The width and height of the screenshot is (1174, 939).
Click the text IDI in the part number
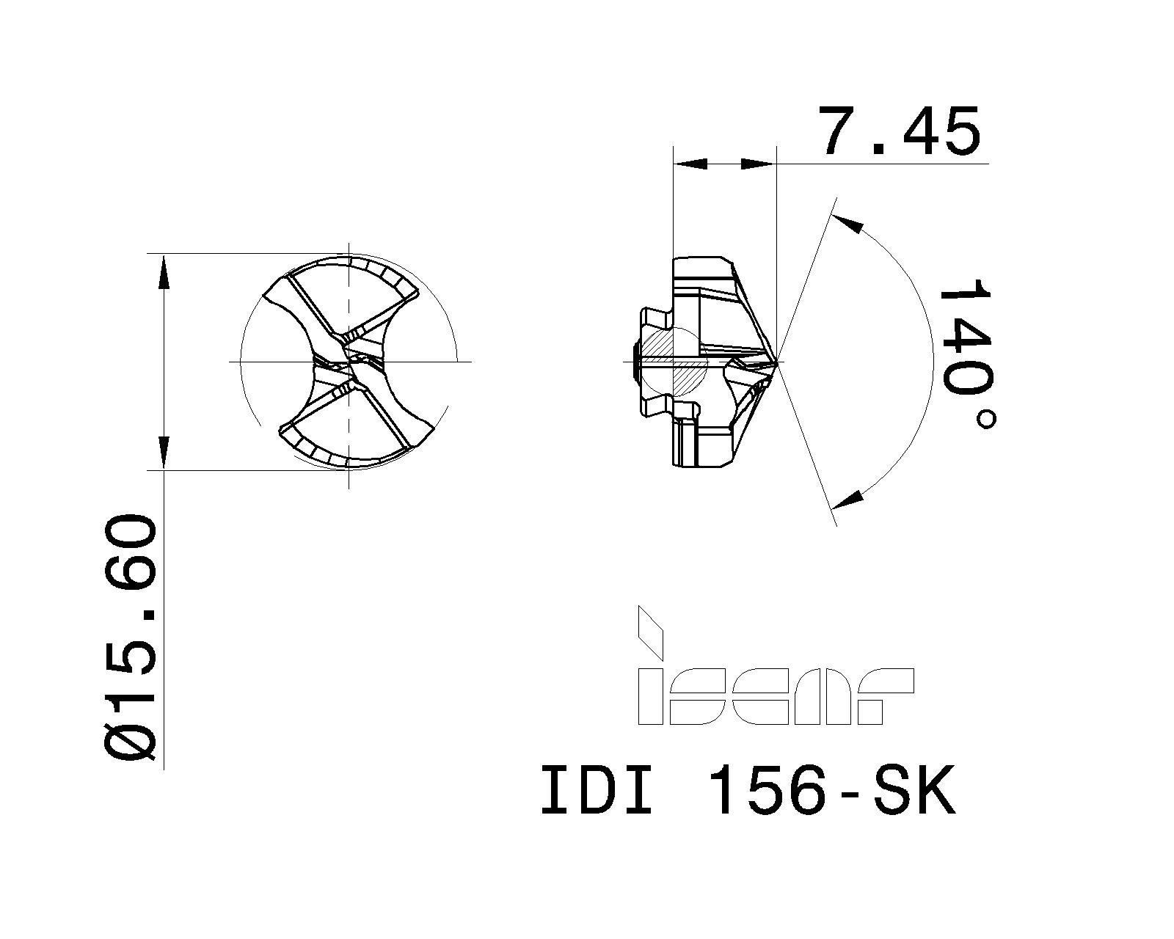(596, 791)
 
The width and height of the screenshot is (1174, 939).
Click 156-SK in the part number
(835, 791)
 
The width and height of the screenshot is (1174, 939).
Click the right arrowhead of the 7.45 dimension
(758, 164)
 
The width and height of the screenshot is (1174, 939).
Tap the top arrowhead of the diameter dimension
(164, 273)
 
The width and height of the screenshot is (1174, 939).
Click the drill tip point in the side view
(776, 362)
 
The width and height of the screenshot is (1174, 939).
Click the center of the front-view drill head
(349, 362)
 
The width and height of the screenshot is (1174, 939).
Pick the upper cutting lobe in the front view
(345, 293)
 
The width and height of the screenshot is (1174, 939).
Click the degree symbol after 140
(987, 420)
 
